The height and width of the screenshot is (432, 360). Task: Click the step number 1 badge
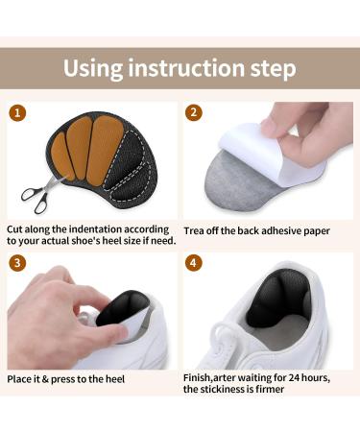[x=16, y=112]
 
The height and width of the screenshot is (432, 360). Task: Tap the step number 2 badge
[x=194, y=112]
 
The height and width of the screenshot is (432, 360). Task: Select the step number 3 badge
[x=16, y=262]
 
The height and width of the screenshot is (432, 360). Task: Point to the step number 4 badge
[x=194, y=262]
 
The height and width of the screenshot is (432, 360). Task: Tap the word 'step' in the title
[x=273, y=69]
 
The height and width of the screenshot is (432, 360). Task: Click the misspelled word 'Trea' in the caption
[x=196, y=230]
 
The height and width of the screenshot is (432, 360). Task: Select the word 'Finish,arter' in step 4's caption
[x=219, y=377]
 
